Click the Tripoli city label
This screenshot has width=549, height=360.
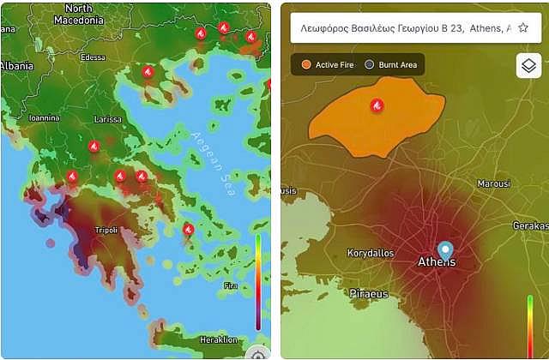click(x=106, y=230)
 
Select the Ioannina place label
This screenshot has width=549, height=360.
click(x=44, y=118)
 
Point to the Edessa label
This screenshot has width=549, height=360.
click(x=93, y=58)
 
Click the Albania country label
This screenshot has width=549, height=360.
click(x=16, y=65)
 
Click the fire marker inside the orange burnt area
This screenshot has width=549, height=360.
click(x=377, y=105)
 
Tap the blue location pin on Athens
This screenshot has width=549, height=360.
click(x=444, y=251)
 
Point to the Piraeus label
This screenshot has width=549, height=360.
click(x=369, y=294)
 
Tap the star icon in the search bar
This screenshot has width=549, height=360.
click(x=522, y=27)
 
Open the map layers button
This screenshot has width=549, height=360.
click(x=528, y=66)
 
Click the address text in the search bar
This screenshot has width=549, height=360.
click(x=403, y=27)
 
